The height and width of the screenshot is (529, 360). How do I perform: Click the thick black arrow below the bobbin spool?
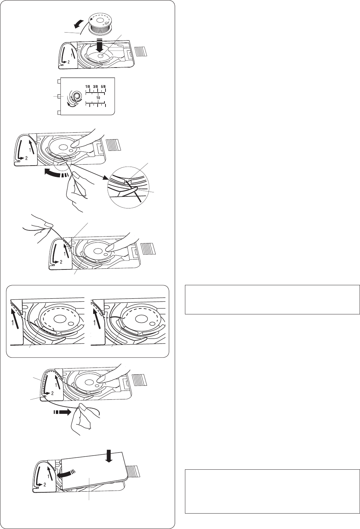[x=100, y=45]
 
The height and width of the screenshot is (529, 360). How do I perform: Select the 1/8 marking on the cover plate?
[x=88, y=86]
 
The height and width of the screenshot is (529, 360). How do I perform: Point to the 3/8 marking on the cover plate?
[x=96, y=86]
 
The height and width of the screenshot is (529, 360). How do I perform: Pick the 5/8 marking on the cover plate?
[x=103, y=86]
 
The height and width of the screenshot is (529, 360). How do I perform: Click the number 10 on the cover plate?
[x=98, y=97]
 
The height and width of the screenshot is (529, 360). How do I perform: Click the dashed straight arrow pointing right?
[x=62, y=412]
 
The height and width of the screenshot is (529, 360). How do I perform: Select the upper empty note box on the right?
[x=272, y=300]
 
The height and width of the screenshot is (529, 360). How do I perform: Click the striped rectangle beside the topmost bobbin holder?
[x=141, y=51]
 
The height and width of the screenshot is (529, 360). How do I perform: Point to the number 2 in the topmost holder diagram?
[x=69, y=62]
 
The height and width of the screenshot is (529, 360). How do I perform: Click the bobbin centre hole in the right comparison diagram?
[x=140, y=319]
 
